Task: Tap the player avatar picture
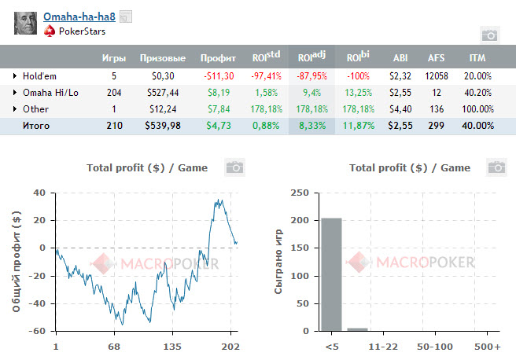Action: click(x=26, y=23)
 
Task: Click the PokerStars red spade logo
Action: click(x=50, y=31)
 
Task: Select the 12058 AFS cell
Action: click(x=436, y=75)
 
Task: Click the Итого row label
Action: click(x=37, y=126)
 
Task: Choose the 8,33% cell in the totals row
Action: click(x=312, y=126)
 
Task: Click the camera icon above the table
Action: click(x=489, y=35)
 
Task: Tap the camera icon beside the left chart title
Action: click(x=234, y=167)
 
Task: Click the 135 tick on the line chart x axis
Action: click(x=172, y=346)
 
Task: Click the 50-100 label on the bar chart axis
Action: click(x=433, y=346)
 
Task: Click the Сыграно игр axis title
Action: click(x=278, y=261)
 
